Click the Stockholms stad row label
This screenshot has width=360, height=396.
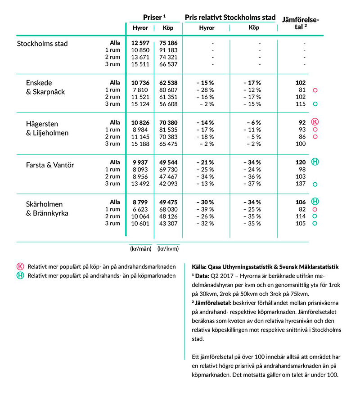coord(42,44)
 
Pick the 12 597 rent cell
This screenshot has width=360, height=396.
coord(140,43)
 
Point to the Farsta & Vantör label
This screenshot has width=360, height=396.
coord(50,165)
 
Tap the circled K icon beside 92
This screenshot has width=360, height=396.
coord(315,122)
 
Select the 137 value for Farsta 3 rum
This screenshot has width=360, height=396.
coord(300,184)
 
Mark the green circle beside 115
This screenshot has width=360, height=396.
coord(315,104)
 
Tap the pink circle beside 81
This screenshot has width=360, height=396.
coord(315,90)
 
